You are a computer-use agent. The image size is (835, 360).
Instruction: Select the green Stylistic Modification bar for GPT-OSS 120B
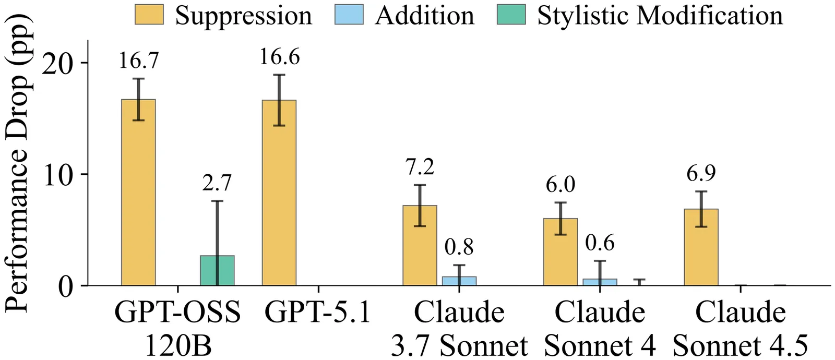217,271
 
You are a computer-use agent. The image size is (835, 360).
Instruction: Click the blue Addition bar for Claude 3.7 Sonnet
459,281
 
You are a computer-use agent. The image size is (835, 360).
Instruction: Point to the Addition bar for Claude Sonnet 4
600,282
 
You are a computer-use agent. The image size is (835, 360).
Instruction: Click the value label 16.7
138,61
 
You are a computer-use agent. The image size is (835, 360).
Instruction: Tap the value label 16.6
280,57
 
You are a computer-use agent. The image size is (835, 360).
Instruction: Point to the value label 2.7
217,183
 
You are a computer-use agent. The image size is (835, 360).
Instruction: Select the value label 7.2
420,167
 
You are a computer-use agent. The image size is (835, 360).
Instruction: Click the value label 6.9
701,174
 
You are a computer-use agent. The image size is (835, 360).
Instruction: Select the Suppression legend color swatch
149,15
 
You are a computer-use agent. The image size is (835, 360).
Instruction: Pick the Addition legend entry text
424,15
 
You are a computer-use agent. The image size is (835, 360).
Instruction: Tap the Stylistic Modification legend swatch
511,15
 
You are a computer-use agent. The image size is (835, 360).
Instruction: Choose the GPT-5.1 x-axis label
318,313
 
